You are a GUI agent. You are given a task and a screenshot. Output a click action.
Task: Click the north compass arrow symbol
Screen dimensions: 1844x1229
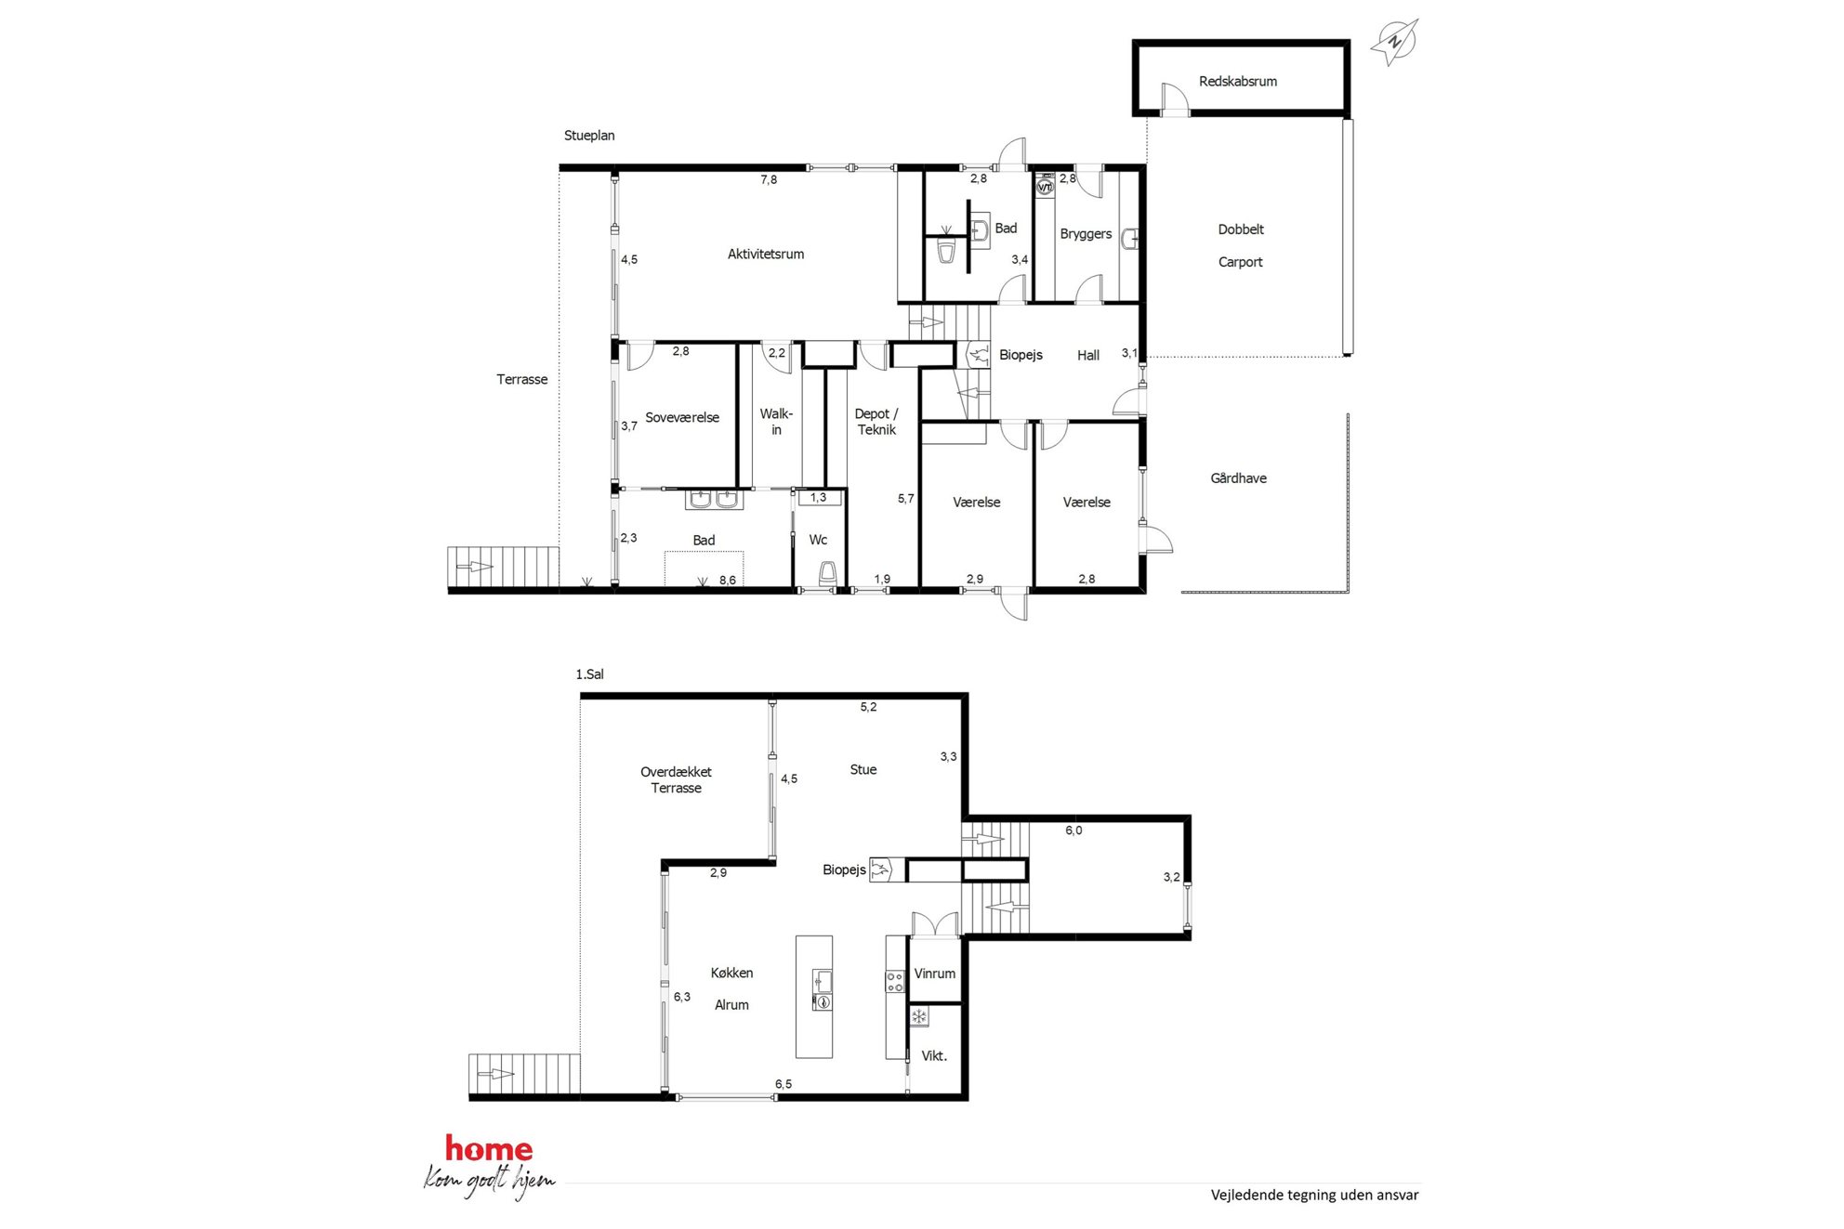coord(1394,42)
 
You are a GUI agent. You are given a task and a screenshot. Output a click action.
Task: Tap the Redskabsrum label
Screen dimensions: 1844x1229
coord(1237,82)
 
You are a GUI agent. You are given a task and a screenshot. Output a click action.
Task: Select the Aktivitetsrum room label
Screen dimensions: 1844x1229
coord(765,254)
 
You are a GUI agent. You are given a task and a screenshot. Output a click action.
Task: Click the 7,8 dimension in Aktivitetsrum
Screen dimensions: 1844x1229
coord(769,179)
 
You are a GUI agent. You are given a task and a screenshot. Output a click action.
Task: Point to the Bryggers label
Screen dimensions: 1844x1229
coord(1086,234)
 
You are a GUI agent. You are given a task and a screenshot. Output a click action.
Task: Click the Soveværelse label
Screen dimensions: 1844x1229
coord(682,418)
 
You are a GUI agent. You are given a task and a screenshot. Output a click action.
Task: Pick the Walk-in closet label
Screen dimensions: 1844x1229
coord(776,422)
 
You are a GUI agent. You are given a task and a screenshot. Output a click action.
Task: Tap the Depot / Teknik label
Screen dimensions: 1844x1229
coord(876,422)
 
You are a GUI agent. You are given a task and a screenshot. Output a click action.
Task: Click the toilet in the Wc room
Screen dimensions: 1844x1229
coord(827,574)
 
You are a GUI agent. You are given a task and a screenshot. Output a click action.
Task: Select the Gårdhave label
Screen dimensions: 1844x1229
coord(1238,478)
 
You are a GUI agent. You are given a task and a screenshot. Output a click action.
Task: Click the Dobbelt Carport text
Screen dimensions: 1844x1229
coord(1241,245)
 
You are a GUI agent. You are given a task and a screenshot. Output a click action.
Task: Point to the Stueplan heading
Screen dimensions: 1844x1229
coord(589,136)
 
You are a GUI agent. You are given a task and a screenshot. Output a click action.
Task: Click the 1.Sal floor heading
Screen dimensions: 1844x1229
coord(589,674)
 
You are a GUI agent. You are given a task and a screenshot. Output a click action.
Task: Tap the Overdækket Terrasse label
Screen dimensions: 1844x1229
coord(676,779)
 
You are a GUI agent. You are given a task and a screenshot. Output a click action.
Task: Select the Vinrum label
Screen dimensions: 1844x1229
coord(934,974)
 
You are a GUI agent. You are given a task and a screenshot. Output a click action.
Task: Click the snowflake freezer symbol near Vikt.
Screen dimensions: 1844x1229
coord(918,1016)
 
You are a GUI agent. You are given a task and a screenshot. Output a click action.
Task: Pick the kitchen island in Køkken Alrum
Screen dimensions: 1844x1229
coord(814,997)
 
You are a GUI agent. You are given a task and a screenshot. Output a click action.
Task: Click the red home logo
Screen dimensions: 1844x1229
coord(489,1149)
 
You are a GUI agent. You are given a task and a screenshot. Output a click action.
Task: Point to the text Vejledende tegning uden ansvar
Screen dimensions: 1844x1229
coord(1314,1196)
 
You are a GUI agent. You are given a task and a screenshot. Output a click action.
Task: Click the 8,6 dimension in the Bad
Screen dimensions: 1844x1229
coord(727,581)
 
